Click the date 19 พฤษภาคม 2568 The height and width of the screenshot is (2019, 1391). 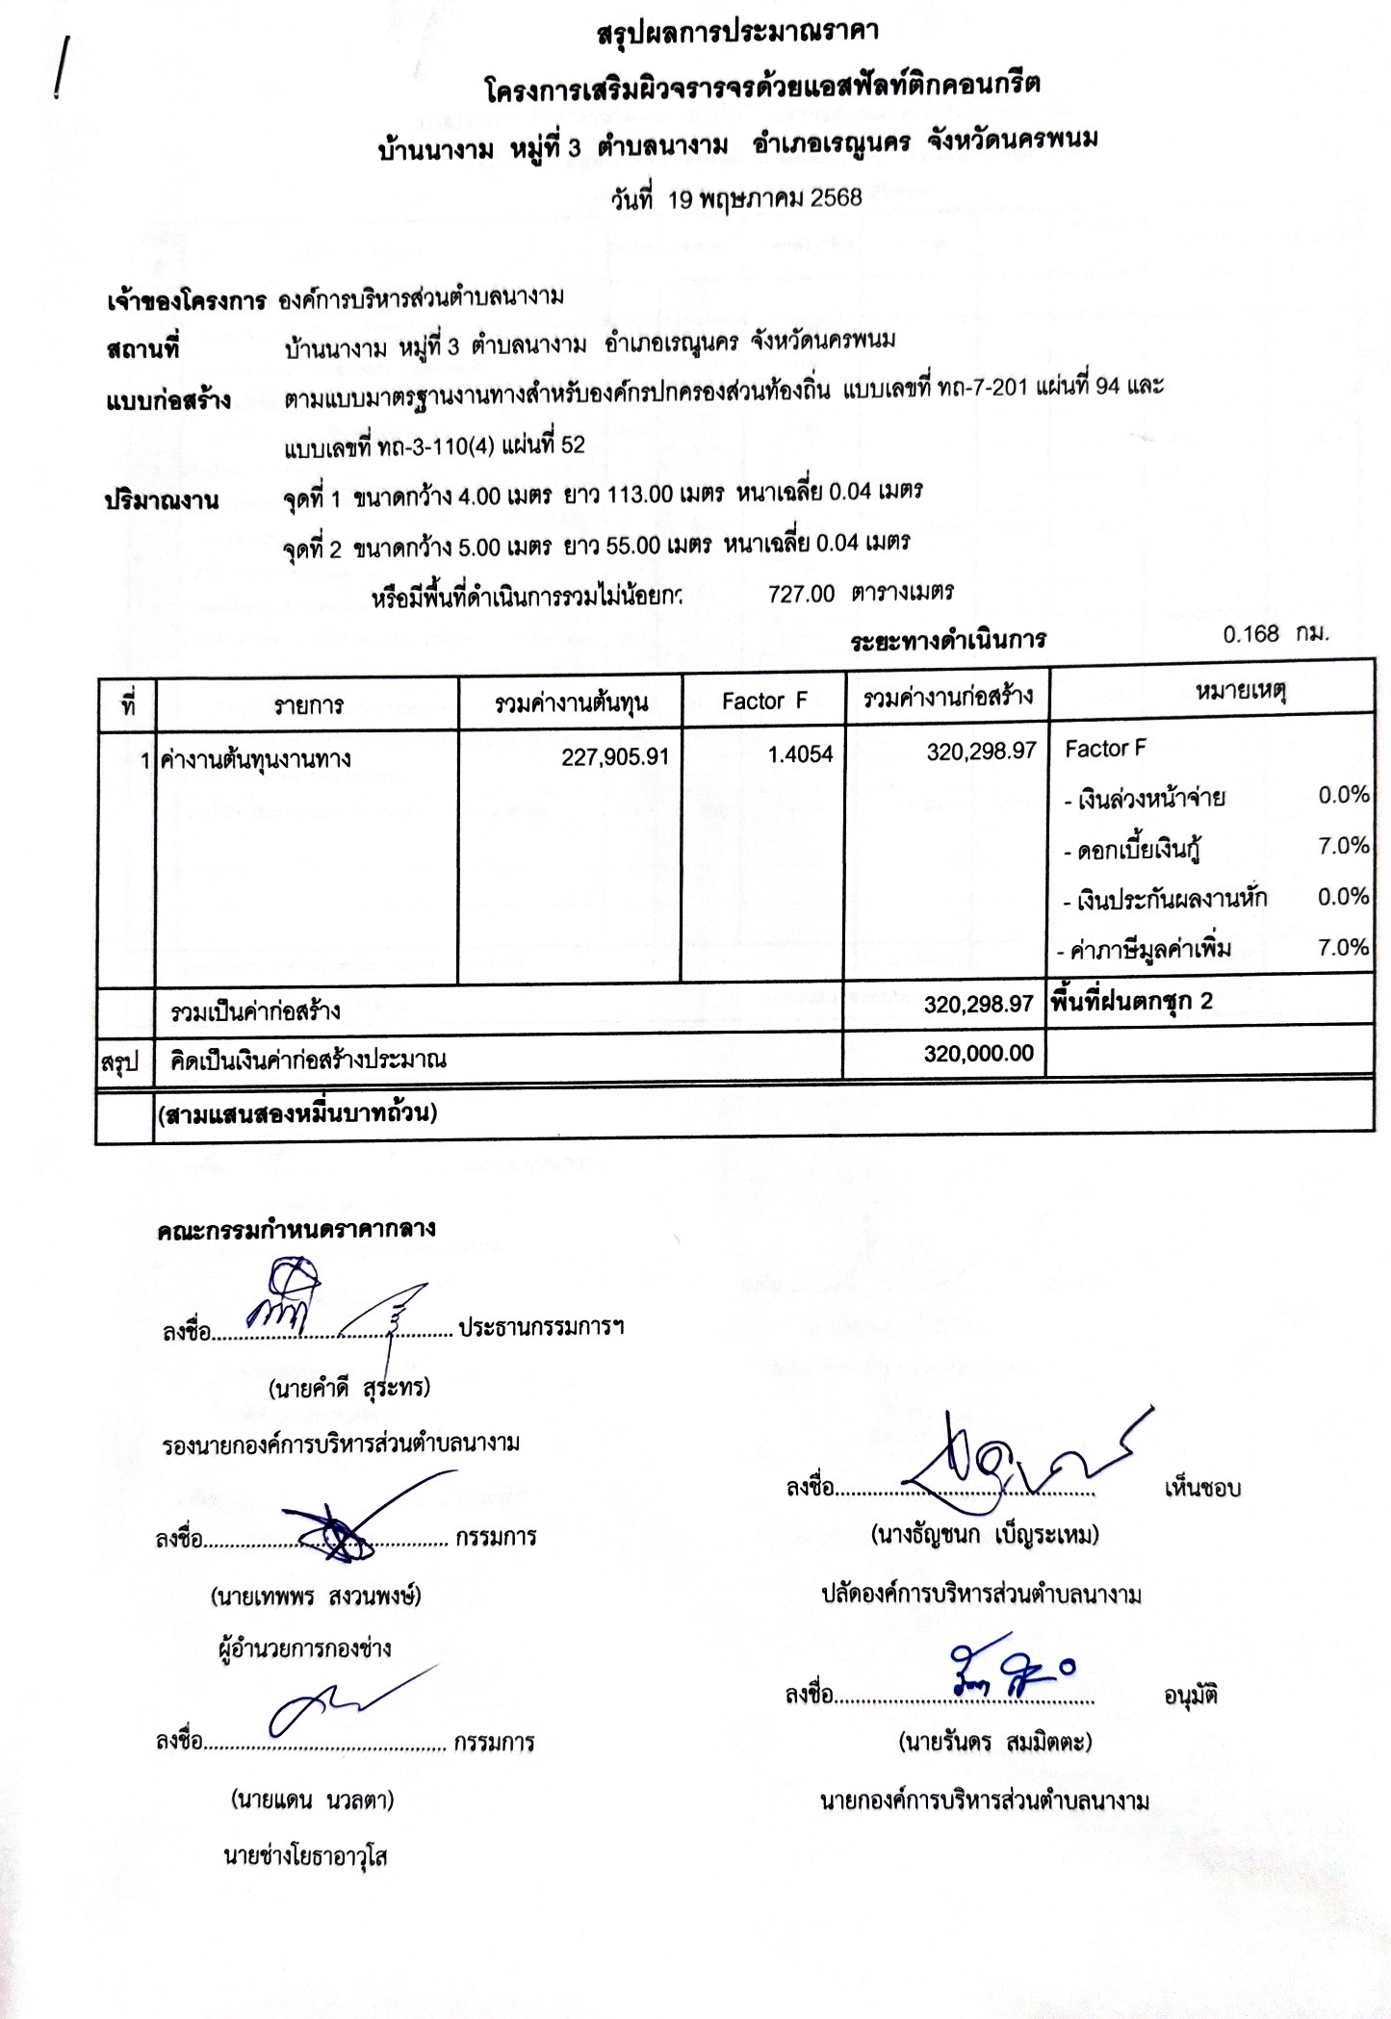point(736,199)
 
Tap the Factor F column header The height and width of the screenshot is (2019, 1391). point(763,702)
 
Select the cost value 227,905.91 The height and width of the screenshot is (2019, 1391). point(614,757)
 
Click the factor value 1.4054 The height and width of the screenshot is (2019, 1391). point(800,754)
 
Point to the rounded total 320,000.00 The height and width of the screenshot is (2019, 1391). point(978,1054)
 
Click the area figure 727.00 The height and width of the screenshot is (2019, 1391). point(801,594)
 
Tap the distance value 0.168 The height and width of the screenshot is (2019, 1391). point(1250,634)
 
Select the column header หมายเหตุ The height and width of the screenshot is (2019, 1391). point(1241,690)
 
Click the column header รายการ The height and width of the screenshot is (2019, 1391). point(307,706)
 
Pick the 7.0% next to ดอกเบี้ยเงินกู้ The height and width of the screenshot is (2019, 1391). point(1343,846)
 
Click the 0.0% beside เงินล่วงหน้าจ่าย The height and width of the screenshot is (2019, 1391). point(1343,795)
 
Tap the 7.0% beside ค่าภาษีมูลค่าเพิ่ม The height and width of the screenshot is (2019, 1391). point(1343,948)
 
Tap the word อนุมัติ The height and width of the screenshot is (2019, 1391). point(1190,1696)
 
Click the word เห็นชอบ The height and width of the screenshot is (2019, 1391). point(1201,1488)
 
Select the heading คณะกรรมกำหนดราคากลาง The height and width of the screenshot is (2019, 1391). point(296,1229)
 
